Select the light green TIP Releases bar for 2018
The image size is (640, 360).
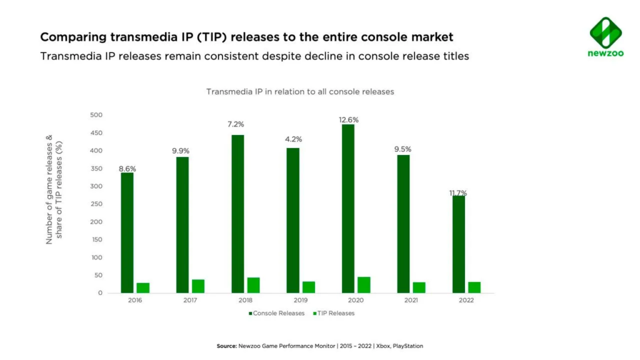click(253, 285)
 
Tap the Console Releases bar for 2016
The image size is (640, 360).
click(127, 232)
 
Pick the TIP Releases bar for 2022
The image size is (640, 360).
click(474, 287)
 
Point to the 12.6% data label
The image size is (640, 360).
click(348, 119)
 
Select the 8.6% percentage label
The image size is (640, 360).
click(127, 169)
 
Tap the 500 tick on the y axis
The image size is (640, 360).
click(96, 115)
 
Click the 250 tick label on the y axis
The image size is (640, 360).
click(96, 204)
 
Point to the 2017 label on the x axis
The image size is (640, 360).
click(190, 301)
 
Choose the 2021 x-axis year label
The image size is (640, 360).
click(411, 301)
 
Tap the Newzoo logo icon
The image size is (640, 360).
click(605, 32)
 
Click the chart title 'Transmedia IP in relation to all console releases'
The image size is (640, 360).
click(300, 92)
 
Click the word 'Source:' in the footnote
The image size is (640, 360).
click(226, 346)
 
